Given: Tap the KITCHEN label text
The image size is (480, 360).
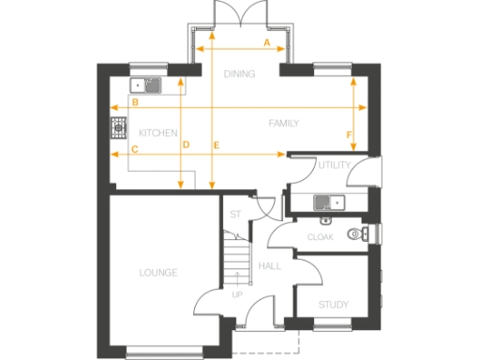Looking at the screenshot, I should click(157, 134).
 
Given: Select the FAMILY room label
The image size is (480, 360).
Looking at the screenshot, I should click(283, 123).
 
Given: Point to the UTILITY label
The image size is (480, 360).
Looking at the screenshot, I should click(335, 165).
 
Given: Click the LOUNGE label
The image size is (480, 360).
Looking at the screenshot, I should click(158, 273).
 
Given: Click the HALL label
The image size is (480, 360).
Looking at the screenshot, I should click(270, 267).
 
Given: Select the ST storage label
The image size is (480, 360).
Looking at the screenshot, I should click(236, 215).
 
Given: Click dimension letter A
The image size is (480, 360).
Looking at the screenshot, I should click(266, 44).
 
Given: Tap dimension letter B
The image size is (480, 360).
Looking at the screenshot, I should click(135, 101).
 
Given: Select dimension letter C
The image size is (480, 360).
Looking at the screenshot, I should click(135, 149).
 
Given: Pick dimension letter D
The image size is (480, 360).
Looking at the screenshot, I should click(186, 144).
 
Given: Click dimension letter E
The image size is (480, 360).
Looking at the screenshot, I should click(217, 144).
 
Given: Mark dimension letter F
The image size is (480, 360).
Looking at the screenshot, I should click(350, 136).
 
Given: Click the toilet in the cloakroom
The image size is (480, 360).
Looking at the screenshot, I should click(354, 234).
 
